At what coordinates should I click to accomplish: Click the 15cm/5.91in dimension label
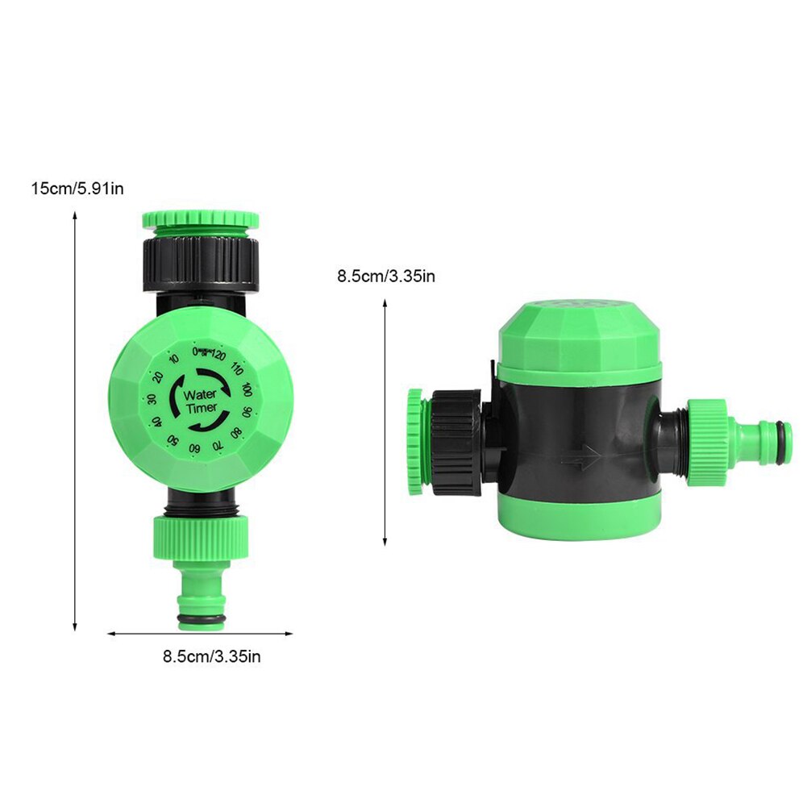pos(77,189)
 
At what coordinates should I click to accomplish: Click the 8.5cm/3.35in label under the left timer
pos(211,656)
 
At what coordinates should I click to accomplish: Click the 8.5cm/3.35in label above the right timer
pos(386,277)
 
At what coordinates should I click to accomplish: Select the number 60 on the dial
pos(194,448)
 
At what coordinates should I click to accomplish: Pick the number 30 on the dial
pos(151,401)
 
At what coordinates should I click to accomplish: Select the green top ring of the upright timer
pos(201,219)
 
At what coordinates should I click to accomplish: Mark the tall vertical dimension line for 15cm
pos(75,419)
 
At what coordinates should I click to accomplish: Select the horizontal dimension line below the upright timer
pos(201,634)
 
